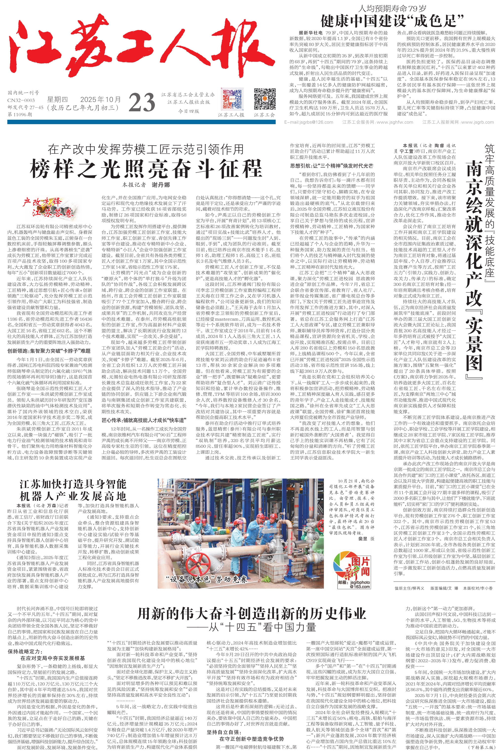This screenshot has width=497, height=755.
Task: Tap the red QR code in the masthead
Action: (x=231, y=99)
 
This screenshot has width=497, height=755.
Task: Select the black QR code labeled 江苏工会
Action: (x=265, y=99)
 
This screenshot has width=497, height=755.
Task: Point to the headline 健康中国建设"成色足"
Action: (x=392, y=21)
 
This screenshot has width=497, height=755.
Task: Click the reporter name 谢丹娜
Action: (x=160, y=185)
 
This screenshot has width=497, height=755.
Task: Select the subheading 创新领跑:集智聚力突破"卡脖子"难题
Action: (x=49, y=351)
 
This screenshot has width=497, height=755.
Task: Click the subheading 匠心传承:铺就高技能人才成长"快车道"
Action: (x=143, y=420)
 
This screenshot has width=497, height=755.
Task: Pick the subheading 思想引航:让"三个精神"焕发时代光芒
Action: (x=332, y=166)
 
